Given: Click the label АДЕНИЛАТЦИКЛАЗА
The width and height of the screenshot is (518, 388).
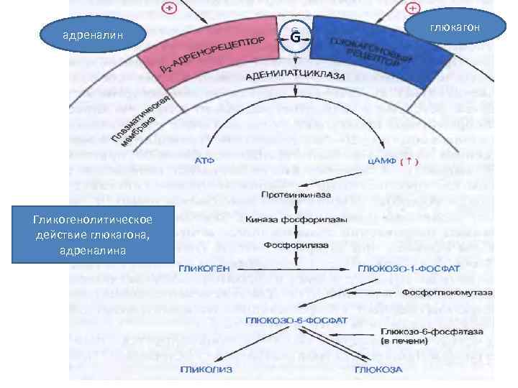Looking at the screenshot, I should pyautogui.click(x=295, y=75).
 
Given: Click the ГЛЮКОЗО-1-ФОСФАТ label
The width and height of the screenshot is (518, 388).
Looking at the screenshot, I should pyautogui.click(x=396, y=267).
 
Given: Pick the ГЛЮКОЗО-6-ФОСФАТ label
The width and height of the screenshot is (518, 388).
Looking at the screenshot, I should pyautogui.click(x=296, y=319).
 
